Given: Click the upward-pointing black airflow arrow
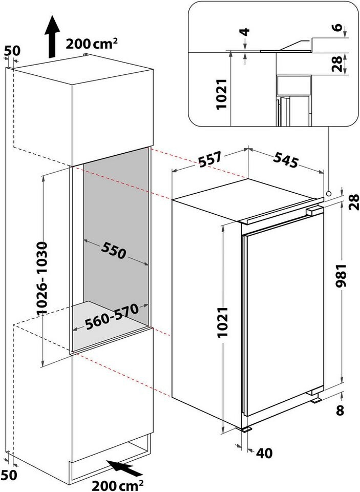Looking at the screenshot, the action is click(52, 37).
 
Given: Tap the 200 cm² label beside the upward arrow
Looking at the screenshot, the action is click(92, 43).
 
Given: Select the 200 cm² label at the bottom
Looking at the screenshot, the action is click(118, 485).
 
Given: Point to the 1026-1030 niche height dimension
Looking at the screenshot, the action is click(42, 278).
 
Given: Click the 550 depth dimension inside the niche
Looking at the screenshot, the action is click(114, 251).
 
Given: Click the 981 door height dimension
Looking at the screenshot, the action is click(341, 276).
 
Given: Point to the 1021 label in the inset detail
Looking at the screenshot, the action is click(222, 94).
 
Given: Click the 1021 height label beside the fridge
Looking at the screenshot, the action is click(223, 322).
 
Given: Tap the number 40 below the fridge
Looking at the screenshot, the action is click(264, 453).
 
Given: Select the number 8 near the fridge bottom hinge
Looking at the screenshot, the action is click(340, 410).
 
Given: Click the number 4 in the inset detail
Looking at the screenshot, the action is click(245, 32).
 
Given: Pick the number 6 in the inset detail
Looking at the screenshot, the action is click(337, 27).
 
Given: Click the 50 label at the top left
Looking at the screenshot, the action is click(12, 51).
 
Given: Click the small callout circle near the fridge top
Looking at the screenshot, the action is click(328, 193).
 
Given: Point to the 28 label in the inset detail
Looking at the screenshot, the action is click(337, 64).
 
